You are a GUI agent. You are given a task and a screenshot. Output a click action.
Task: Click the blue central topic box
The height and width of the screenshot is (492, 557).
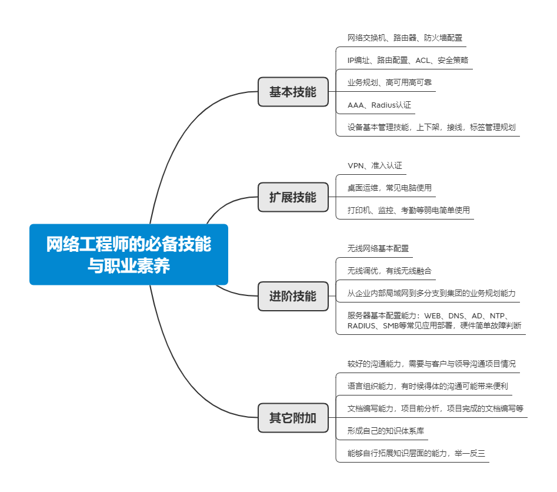point(129,254)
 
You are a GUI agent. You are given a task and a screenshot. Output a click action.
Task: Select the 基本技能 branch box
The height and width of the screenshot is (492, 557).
point(293,92)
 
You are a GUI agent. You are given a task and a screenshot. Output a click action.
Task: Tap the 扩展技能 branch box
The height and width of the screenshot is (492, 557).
point(293,197)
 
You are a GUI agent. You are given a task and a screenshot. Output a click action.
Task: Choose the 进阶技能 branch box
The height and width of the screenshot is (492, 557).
point(293,296)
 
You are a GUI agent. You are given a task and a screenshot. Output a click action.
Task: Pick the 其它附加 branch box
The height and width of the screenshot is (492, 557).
point(293,418)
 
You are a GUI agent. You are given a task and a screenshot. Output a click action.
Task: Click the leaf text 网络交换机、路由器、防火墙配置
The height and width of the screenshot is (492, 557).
point(405,38)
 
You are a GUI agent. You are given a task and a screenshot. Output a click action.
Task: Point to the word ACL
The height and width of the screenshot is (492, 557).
point(422,61)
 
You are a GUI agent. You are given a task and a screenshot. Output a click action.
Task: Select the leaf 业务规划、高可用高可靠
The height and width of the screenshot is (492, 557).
point(389,82)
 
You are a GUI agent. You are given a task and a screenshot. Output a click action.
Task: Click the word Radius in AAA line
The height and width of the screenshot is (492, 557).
point(383,105)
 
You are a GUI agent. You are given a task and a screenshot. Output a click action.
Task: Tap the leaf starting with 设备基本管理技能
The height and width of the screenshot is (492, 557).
point(431,127)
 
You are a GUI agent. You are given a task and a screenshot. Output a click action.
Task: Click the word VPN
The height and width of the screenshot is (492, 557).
point(356,165)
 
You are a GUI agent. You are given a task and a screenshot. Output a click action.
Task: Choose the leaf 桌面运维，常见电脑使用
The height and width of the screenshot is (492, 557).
point(389,188)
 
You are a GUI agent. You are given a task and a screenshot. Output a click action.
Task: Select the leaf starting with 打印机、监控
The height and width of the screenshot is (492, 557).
point(409,210)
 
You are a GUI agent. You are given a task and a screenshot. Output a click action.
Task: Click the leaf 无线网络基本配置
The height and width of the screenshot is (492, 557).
point(378,248)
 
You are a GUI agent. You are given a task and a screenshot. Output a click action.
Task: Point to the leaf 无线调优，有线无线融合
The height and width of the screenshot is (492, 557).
point(389,271)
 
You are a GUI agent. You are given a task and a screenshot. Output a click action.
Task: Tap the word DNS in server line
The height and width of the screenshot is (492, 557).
point(456,316)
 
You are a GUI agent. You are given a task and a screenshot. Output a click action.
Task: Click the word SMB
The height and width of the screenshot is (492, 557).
point(391,325)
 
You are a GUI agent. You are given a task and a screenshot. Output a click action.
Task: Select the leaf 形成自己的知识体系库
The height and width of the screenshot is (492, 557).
point(385,431)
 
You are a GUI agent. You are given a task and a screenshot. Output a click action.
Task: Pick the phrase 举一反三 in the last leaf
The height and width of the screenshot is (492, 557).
point(469,453)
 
